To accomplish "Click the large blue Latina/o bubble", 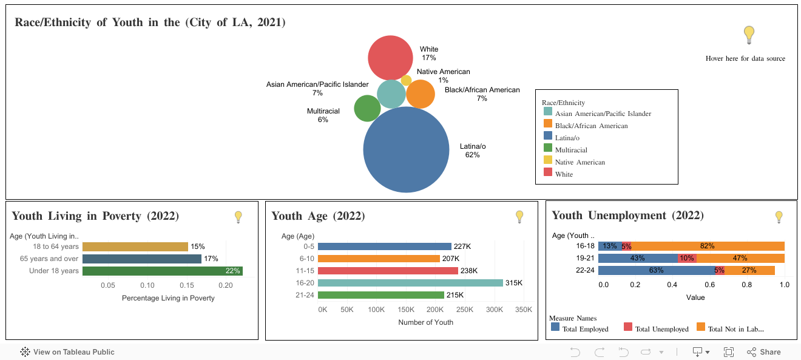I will click(405, 149).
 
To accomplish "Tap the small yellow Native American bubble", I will click(406, 80).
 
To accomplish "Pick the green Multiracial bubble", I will click(367, 109).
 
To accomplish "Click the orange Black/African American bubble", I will click(421, 95).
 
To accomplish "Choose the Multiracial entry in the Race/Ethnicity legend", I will click(570, 150).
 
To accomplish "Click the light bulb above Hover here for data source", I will click(749, 35).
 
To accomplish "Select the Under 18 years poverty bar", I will click(162, 271).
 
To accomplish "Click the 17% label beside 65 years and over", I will click(211, 259).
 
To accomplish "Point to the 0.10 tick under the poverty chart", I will click(147, 285).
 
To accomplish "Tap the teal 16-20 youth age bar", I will click(410, 283).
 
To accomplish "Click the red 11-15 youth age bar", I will click(388, 271).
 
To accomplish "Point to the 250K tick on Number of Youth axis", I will click(464, 310).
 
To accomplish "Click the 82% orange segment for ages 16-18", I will click(707, 246).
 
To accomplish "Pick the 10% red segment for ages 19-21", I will click(687, 258).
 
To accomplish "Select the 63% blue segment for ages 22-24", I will click(656, 270).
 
